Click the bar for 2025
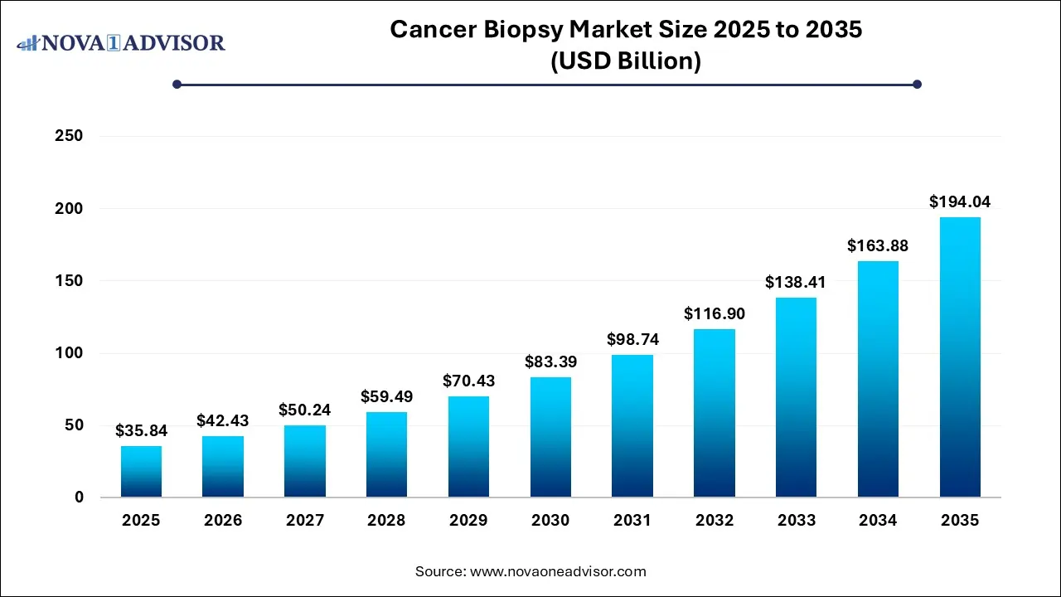[x=141, y=472]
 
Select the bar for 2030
[x=550, y=437]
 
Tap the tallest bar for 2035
[x=960, y=357]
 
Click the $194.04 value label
[x=960, y=201]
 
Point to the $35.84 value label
[x=141, y=430]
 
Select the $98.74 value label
[x=632, y=339]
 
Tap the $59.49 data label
[x=386, y=396]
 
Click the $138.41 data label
[x=796, y=282]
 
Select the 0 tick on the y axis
[x=78, y=498]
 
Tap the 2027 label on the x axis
[x=304, y=521]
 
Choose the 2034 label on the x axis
[x=878, y=521]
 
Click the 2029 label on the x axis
[x=468, y=521]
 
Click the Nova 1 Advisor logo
[x=121, y=42]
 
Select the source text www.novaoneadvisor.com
[x=558, y=571]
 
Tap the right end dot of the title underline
[x=917, y=84]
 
